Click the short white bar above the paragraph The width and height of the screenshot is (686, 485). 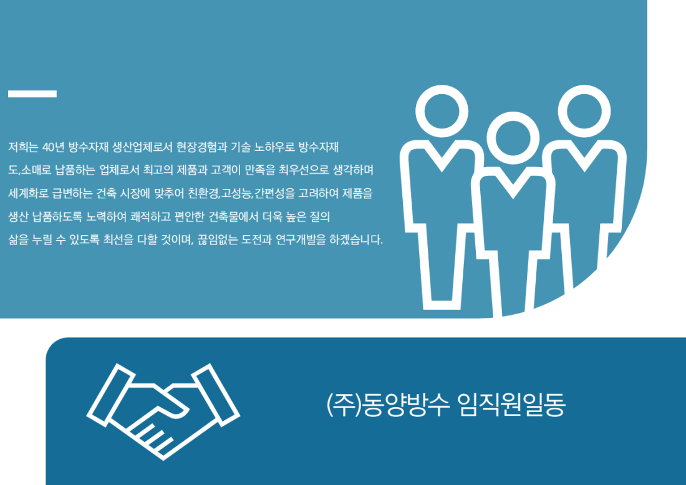click(x=32, y=94)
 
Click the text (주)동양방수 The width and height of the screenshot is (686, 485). click(x=388, y=405)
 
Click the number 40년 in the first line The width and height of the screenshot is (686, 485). click(x=54, y=147)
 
